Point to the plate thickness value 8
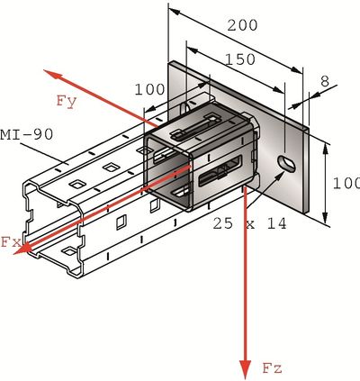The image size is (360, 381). pyautogui.click(x=325, y=80)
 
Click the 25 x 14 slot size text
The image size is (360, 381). pyautogui.click(x=249, y=222)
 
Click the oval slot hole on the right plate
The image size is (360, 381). pyautogui.click(x=287, y=162)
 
